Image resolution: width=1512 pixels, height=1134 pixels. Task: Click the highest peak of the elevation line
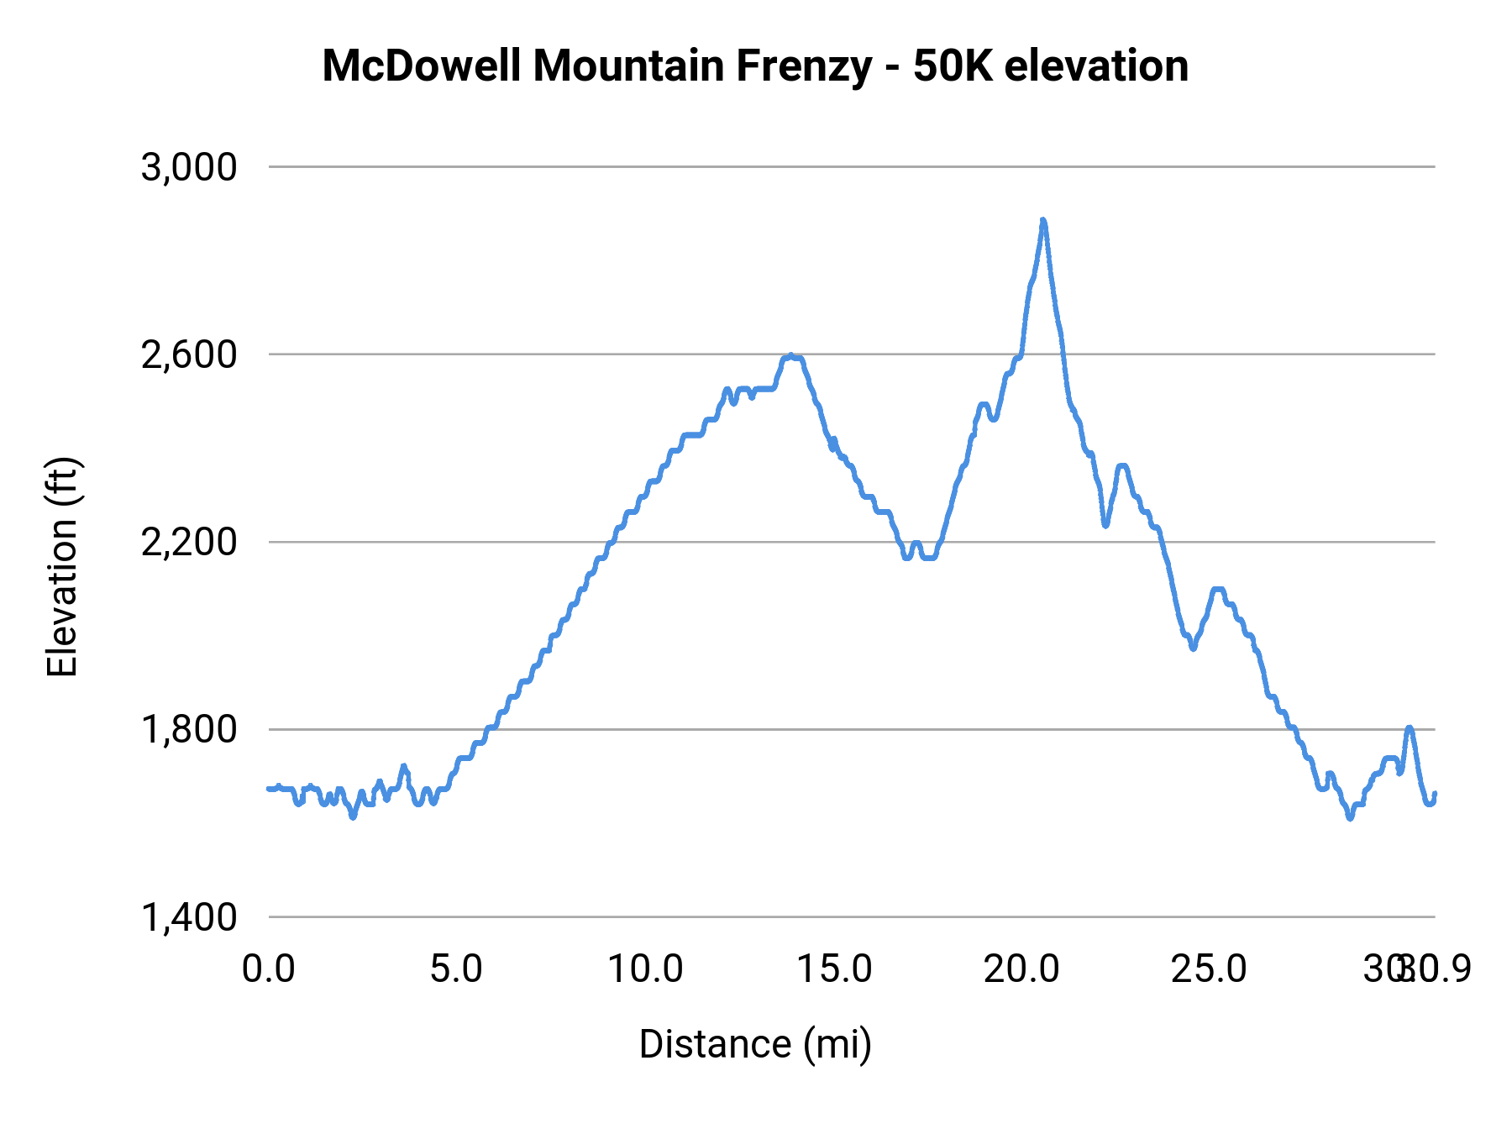click(x=1042, y=221)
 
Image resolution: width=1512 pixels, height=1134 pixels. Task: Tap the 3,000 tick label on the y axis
click(x=189, y=167)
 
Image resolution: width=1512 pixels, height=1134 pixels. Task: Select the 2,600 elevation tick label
click(x=189, y=354)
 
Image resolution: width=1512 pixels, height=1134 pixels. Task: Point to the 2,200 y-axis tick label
click(x=189, y=542)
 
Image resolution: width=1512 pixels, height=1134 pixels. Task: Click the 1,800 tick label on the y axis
click(x=189, y=729)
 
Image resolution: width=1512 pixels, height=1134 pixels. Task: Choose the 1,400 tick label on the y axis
click(x=189, y=917)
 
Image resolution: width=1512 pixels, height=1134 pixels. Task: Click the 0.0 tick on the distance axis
click(x=269, y=969)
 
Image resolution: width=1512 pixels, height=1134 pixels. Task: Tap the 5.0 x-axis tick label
click(x=456, y=969)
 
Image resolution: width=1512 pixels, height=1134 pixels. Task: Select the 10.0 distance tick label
click(x=645, y=969)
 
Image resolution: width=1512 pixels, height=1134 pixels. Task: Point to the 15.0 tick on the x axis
click(x=833, y=969)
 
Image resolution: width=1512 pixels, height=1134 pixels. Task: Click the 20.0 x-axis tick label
click(x=1021, y=969)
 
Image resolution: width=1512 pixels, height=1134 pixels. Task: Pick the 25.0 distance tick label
click(x=1210, y=969)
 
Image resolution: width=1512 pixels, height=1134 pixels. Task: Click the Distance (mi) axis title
click(x=755, y=1044)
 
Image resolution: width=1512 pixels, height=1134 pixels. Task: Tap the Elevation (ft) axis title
click(x=62, y=567)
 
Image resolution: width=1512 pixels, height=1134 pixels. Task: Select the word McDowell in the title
click(x=422, y=66)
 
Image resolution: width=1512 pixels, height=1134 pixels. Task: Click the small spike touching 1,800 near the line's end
click(x=1410, y=728)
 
